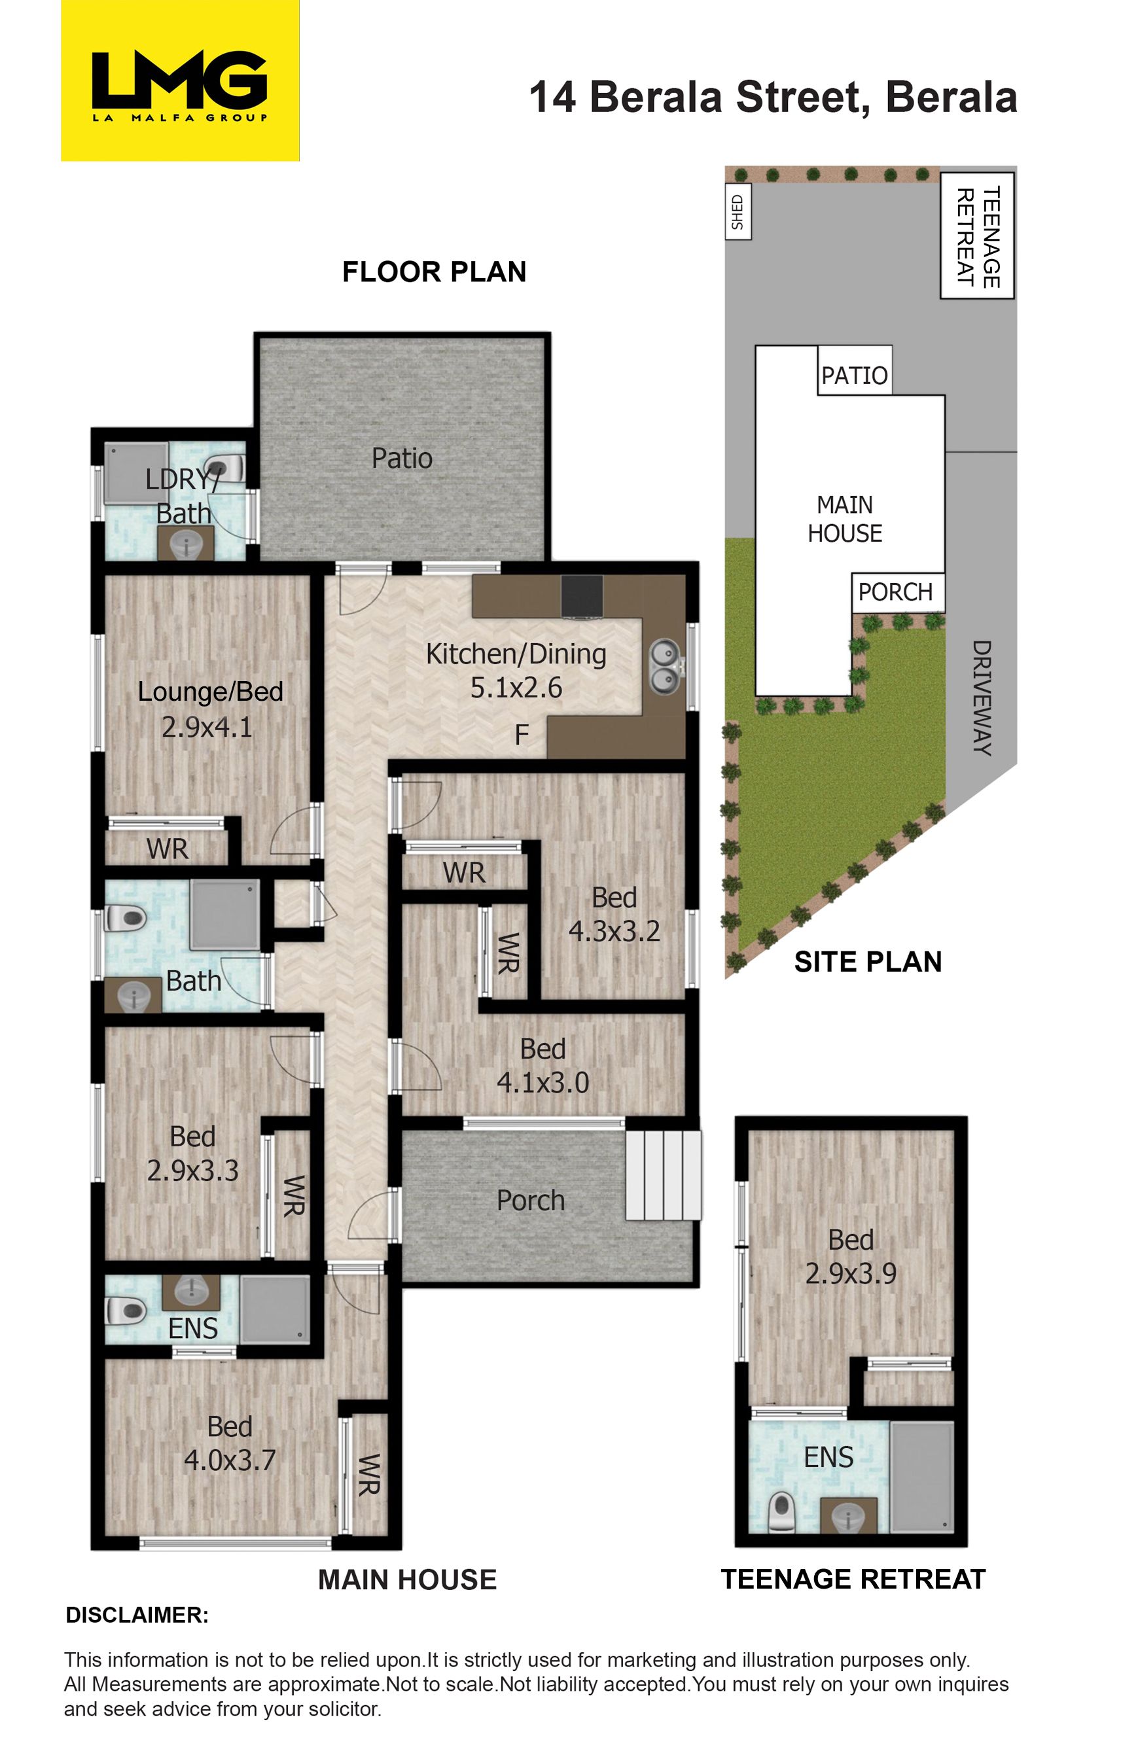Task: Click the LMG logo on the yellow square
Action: (180, 86)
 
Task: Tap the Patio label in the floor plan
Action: (402, 459)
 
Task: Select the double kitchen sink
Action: (665, 667)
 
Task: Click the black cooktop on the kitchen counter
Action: (582, 597)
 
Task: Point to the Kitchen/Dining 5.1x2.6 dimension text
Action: (516, 688)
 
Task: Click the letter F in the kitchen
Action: (522, 735)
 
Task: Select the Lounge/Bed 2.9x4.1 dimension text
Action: (207, 727)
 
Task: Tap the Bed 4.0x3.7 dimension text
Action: (229, 1460)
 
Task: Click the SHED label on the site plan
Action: (738, 213)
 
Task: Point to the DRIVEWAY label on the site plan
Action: (982, 698)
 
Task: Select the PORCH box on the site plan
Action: (899, 592)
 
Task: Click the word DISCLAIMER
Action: (137, 1615)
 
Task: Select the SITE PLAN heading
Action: (868, 962)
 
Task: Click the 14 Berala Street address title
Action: (773, 97)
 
